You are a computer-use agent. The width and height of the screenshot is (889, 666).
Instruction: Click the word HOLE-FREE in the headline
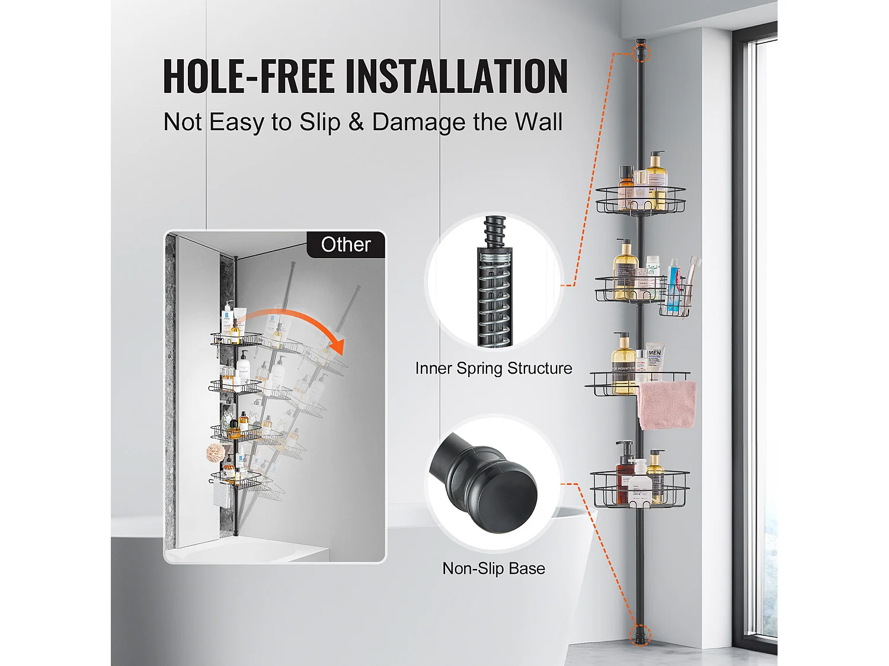pos(249,76)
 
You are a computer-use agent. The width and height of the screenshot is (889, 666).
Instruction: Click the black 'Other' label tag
pos(346,244)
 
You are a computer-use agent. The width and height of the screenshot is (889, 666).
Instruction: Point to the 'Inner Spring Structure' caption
pos(494,368)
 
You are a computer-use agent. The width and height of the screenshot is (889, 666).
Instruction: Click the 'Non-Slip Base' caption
pos(494,568)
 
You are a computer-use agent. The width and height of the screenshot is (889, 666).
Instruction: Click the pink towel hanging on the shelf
pos(667,405)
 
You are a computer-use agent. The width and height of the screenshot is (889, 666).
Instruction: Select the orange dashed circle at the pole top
pos(641,53)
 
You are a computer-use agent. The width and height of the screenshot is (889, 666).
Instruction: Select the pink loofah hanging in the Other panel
pos(216,453)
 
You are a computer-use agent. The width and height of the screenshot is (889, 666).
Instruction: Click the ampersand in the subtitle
pos(356,121)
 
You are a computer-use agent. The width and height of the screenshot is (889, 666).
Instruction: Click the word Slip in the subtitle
pos(320,121)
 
